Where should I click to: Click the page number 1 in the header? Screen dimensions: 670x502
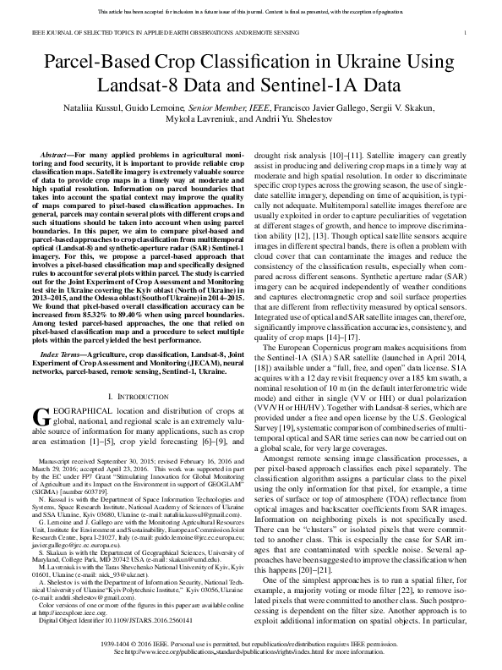(467, 32)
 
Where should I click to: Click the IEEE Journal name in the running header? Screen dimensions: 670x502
(157, 32)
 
